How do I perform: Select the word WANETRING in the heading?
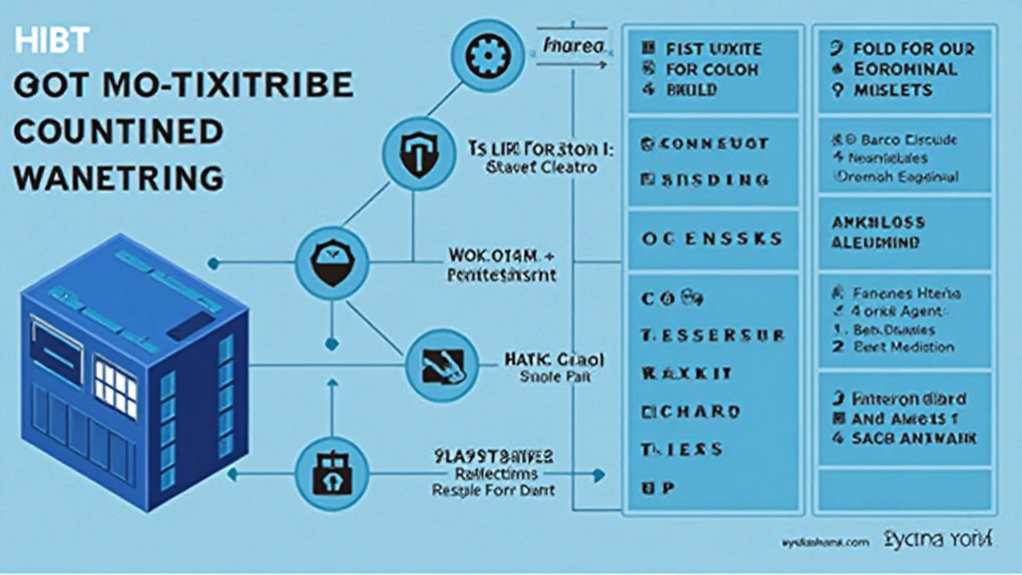118,178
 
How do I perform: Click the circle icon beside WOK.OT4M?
326,261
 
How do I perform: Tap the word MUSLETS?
892,91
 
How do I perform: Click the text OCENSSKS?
710,241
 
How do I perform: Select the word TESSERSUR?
712,335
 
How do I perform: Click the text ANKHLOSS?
877,223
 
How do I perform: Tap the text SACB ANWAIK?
913,438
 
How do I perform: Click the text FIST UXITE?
713,47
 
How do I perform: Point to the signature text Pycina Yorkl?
937,540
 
